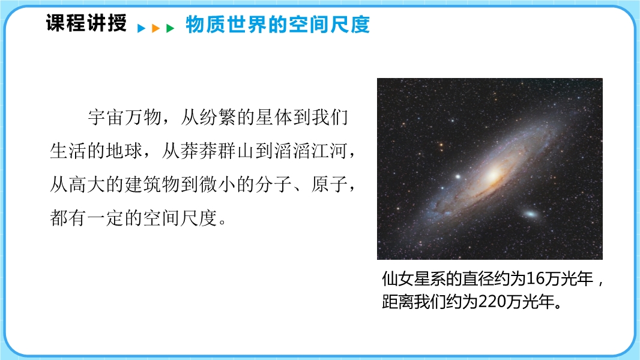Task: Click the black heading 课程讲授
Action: [x=86, y=23]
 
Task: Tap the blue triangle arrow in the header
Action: [x=142, y=28]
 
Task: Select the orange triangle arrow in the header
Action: [x=155, y=28]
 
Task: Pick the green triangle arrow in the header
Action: [x=170, y=28]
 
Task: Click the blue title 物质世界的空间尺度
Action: [x=277, y=25]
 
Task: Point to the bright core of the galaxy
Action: [x=493, y=175]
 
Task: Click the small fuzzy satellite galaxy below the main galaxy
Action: [x=530, y=214]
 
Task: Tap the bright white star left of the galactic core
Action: [x=458, y=177]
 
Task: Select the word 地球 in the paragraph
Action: [x=124, y=151]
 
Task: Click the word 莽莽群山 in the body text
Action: [x=217, y=151]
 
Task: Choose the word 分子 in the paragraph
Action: [x=273, y=184]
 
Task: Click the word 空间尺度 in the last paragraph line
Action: [x=180, y=218]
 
